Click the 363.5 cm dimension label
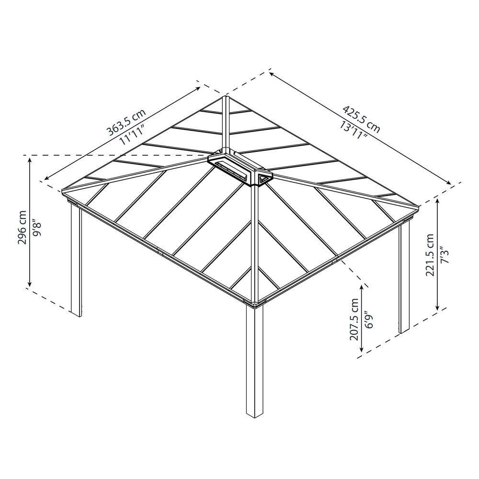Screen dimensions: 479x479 [x=126, y=122]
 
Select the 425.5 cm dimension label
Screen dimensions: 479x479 [x=362, y=119]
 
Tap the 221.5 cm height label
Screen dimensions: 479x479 [x=430, y=255]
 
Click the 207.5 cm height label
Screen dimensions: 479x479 [x=354, y=319]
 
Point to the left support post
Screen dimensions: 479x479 [x=76, y=260]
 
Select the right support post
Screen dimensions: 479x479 [x=404, y=276]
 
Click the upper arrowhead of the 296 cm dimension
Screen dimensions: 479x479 [x=30, y=160]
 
